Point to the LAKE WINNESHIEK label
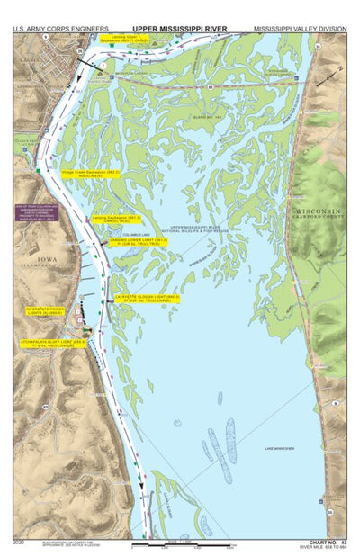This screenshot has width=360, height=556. [283, 447]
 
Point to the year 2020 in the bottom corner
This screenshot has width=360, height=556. [19, 543]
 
